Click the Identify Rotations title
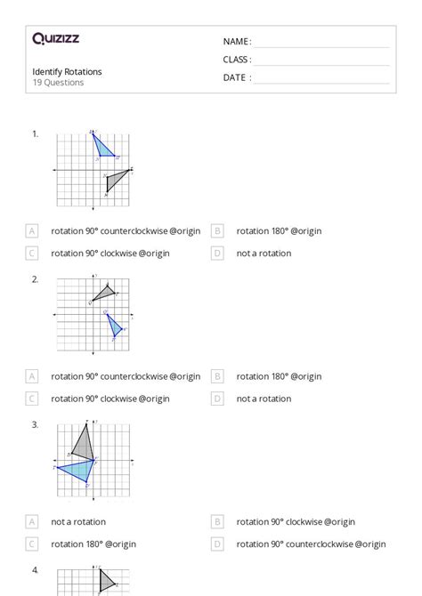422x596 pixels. (x=67, y=71)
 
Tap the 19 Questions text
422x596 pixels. (x=58, y=83)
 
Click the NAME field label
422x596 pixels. (x=237, y=42)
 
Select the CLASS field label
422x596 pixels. (x=237, y=60)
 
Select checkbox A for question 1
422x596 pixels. (x=32, y=231)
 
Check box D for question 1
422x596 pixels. (x=217, y=254)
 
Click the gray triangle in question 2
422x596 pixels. (x=103, y=293)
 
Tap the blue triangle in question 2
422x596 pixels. (x=114, y=325)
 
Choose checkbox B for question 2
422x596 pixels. (x=217, y=376)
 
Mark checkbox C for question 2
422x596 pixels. (x=32, y=399)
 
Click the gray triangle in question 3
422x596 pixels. (x=83, y=442)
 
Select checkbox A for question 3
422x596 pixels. (x=32, y=522)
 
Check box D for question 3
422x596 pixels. (x=217, y=544)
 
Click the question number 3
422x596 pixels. (x=35, y=424)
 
